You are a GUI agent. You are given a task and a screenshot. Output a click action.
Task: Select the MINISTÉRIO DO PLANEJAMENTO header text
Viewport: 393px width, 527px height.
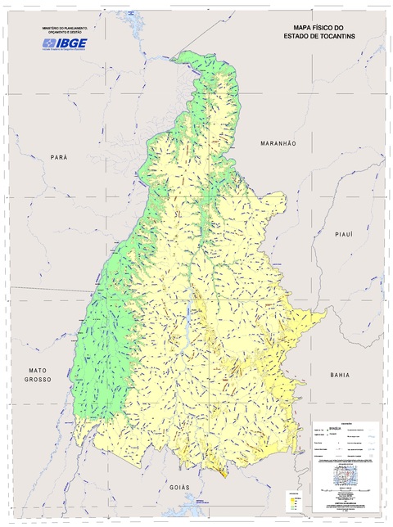[65, 27]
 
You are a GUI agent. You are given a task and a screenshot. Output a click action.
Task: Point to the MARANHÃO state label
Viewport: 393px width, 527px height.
[278, 143]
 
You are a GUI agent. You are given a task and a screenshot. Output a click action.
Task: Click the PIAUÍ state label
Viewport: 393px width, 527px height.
[343, 234]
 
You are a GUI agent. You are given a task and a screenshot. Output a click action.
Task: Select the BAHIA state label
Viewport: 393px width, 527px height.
[340, 374]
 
